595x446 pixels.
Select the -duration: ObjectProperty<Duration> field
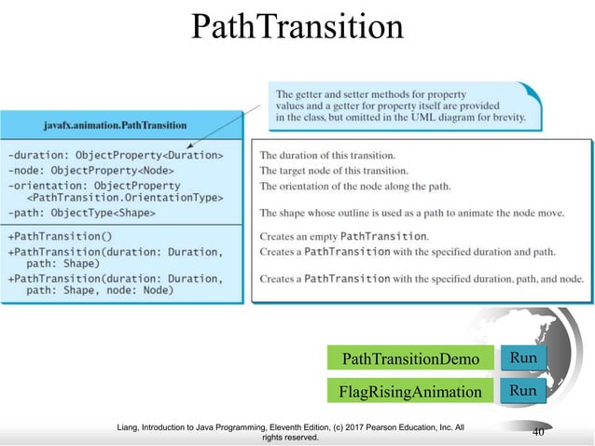tap(115, 154)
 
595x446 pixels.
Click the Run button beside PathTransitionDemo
tap(522, 358)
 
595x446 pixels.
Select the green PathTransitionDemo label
tap(410, 359)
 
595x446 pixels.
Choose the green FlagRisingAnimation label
tap(410, 391)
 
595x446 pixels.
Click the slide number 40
tap(538, 432)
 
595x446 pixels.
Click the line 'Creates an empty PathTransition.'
tap(344, 235)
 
